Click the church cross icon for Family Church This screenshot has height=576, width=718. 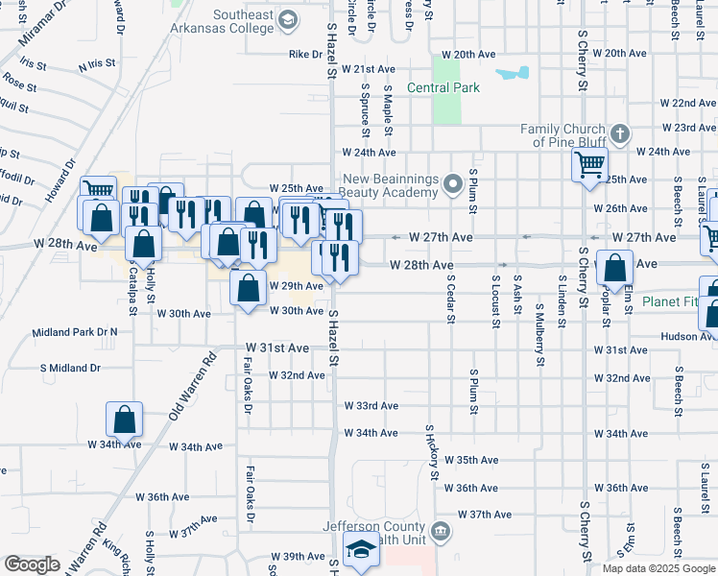click(620, 134)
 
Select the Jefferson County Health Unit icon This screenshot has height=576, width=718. click(440, 530)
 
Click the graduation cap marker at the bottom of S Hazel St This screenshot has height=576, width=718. click(361, 552)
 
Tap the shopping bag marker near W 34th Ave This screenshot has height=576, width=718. click(124, 419)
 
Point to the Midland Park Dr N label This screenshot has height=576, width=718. click(74, 332)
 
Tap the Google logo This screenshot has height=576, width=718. click(32, 564)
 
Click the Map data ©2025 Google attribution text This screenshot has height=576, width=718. click(658, 568)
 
